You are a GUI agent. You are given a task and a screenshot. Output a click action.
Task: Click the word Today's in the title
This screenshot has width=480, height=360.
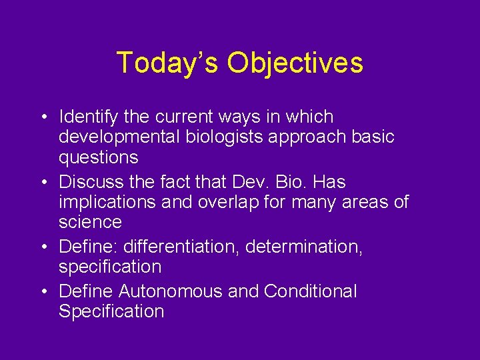click(x=167, y=63)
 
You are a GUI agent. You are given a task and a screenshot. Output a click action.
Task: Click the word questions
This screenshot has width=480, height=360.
click(x=99, y=158)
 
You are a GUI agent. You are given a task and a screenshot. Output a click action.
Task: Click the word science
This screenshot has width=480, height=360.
click(x=90, y=222)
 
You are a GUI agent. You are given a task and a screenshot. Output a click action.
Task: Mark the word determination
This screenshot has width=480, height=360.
click(x=304, y=246)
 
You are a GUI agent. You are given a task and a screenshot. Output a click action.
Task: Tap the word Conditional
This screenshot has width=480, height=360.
click(x=310, y=291)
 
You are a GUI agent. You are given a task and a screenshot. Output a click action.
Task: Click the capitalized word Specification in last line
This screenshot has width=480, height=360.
click(x=111, y=311)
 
